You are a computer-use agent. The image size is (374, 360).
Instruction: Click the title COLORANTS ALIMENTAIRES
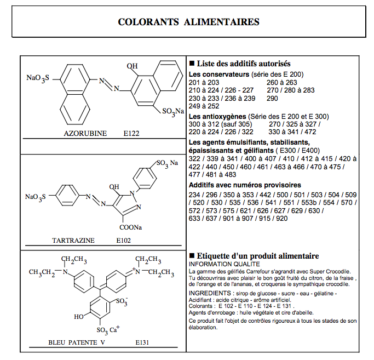pos(188,22)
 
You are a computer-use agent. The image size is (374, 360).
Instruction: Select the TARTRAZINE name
pos(73,240)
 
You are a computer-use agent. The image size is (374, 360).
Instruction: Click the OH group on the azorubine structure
pos(132,66)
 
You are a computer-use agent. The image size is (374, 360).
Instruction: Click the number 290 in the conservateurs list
pos(272,98)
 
